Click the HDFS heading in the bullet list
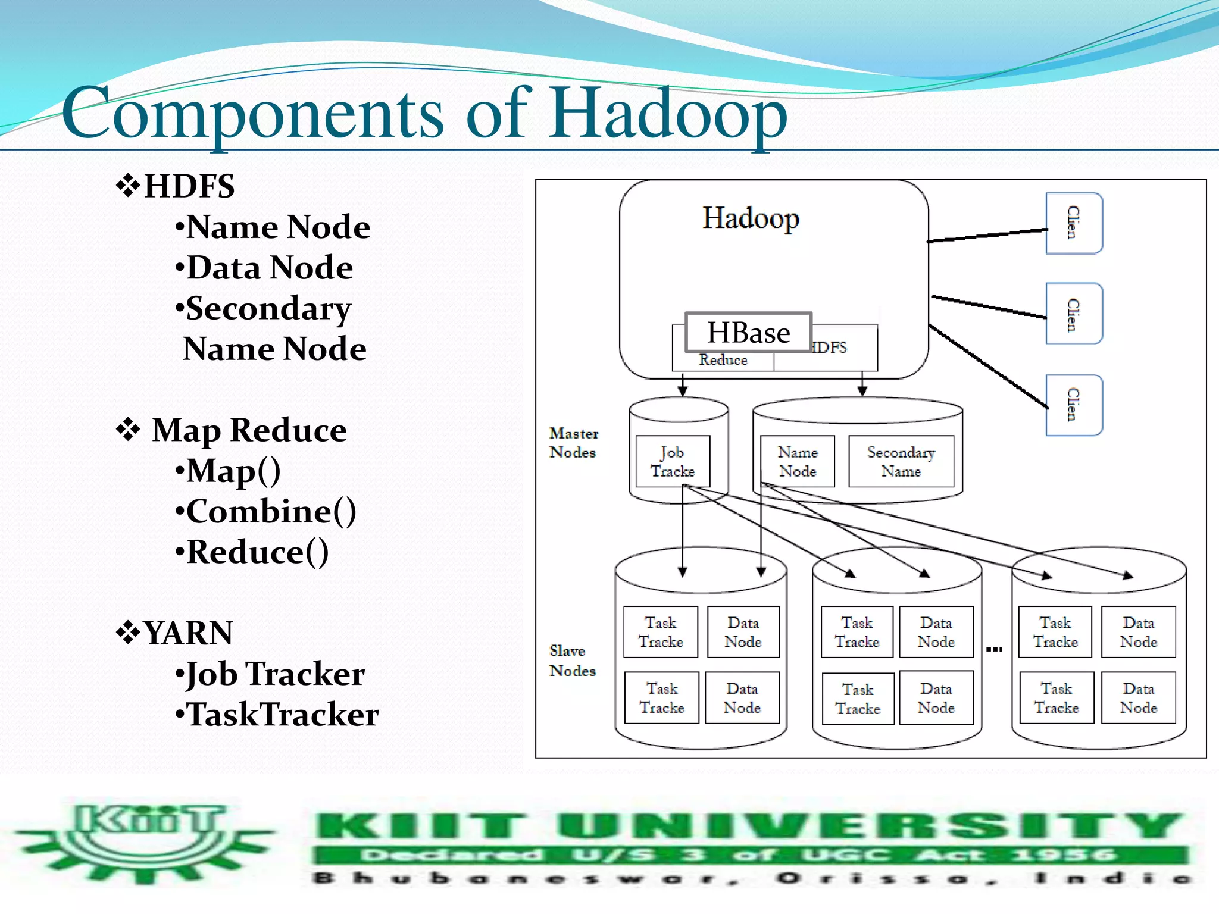coord(189,186)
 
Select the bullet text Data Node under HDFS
coord(270,267)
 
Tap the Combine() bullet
coord(271,511)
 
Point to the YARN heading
coord(187,633)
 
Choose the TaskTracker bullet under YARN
coord(283,714)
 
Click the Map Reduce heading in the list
coord(249,430)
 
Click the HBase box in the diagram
coord(748,332)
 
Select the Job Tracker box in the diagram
coord(673,462)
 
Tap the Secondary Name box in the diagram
coord(901,462)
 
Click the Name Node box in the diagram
coord(798,462)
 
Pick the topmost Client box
coord(1074,223)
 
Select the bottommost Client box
coord(1074,405)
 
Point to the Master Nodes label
coord(573,443)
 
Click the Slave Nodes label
coord(572,661)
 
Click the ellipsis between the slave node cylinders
coord(994,649)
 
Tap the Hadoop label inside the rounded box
coord(751,218)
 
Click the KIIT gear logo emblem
coord(146,842)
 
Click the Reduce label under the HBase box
coord(723,360)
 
